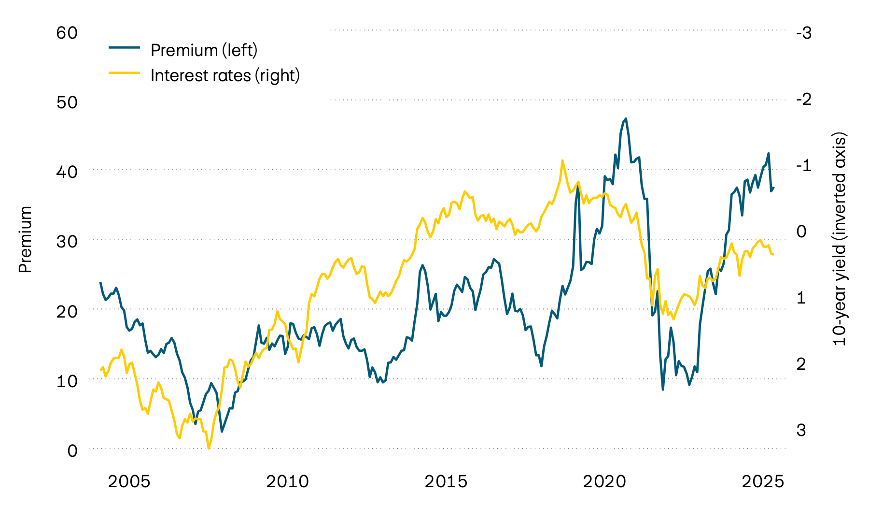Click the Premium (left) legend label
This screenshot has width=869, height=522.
204,50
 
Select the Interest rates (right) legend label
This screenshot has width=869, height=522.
225,75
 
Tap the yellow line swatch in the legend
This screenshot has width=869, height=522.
124,73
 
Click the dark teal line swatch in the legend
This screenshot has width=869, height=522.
124,47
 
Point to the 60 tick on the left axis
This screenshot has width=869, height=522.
67,33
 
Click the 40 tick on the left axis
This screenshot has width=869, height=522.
67,172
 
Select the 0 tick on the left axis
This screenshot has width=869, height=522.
72,450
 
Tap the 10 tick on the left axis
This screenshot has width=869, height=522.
67,381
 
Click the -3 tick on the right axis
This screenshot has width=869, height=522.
804,33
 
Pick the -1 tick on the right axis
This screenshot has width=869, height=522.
804,165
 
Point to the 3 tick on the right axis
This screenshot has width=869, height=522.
801,430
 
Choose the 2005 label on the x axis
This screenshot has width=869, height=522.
129,481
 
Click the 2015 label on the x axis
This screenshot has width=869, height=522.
446,481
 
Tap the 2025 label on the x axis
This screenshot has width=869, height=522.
763,481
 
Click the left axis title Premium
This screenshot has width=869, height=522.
25,240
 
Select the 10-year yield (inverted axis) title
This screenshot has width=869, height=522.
840,240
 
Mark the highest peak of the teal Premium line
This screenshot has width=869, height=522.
626,118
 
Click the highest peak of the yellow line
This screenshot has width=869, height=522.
562,160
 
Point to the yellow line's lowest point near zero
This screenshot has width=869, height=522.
209,448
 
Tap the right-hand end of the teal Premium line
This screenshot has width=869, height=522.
773,188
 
